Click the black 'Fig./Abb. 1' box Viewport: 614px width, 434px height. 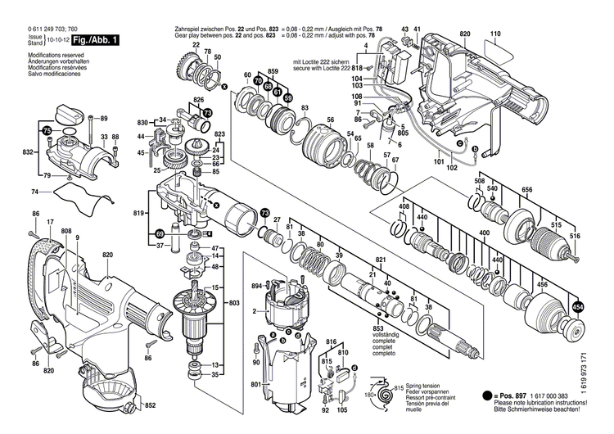click(93, 40)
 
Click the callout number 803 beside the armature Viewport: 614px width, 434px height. click(234, 303)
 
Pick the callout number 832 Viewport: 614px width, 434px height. click(28, 153)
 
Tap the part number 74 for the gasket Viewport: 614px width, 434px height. click(34, 192)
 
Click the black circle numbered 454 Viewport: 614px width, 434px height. click(578, 307)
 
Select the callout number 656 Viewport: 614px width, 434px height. click(527, 190)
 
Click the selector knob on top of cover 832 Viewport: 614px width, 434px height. click(71, 113)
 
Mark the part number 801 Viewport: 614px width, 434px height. click(255, 384)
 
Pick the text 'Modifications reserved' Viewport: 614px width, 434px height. click(43, 54)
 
